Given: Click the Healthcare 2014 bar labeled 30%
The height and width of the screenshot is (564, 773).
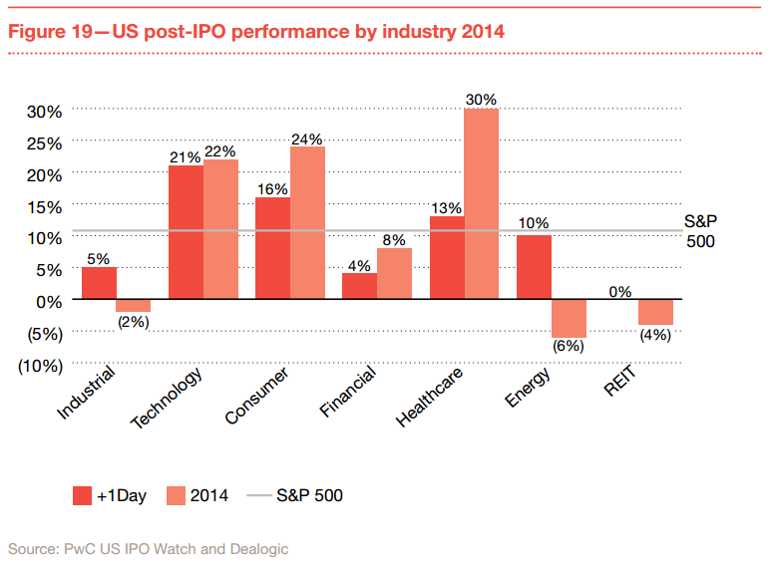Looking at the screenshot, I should click(x=482, y=203).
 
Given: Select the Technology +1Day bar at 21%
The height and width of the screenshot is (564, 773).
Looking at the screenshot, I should click(x=187, y=232).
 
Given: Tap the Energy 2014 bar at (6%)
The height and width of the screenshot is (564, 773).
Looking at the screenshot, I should click(x=570, y=318).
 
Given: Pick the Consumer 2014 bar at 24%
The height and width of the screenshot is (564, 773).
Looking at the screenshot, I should click(x=307, y=222).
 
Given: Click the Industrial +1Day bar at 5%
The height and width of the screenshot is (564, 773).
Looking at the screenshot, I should click(x=99, y=283).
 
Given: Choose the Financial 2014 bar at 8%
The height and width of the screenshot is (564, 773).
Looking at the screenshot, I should click(x=395, y=273).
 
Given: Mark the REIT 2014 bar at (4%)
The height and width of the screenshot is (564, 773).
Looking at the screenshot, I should click(x=656, y=312).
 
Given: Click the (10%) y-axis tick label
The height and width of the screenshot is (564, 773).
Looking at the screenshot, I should click(x=41, y=365).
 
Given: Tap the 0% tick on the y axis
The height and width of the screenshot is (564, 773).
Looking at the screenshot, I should click(x=49, y=300).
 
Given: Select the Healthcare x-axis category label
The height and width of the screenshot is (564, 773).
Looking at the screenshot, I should click(x=430, y=397).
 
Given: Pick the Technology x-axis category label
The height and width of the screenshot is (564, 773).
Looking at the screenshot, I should click(x=168, y=398).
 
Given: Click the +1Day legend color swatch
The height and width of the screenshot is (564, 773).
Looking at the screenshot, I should click(x=83, y=495).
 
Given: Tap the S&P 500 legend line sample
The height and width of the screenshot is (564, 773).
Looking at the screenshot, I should click(x=256, y=495).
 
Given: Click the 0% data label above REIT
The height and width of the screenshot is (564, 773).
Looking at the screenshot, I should click(x=621, y=292).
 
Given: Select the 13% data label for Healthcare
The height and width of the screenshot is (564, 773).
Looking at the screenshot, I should click(x=446, y=208).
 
